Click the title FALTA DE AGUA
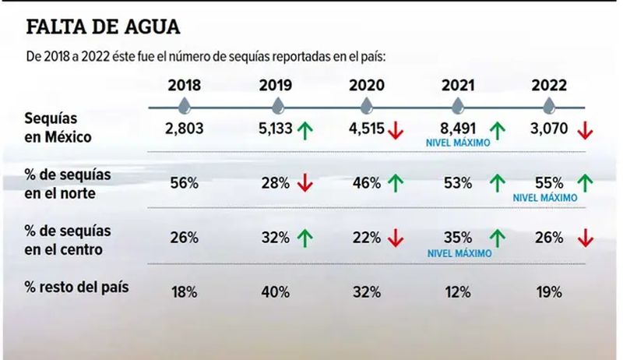pyautogui.click(x=104, y=26)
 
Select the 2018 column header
pyautogui.click(x=185, y=85)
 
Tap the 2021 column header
pyautogui.click(x=458, y=85)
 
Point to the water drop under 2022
pyautogui.click(x=549, y=104)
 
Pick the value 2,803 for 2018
pyautogui.click(x=185, y=129)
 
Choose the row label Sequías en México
pyautogui.click(x=58, y=129)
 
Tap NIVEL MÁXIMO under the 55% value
pyautogui.click(x=544, y=198)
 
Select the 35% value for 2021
pyautogui.click(x=458, y=237)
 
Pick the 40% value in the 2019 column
pyautogui.click(x=278, y=292)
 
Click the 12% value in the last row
pyautogui.click(x=458, y=292)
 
